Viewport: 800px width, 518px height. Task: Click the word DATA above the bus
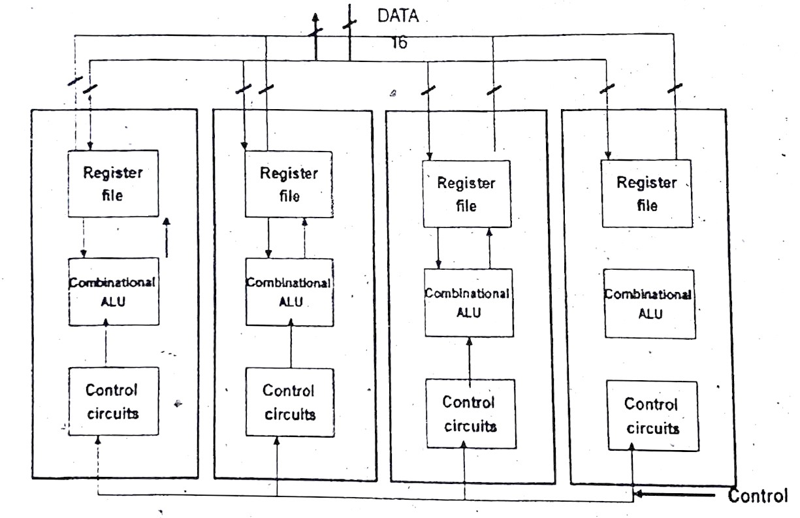398,16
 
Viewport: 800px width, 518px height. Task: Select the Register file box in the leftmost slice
113,184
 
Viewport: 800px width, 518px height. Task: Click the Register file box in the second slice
289,184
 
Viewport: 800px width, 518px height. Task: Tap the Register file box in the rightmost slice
647,193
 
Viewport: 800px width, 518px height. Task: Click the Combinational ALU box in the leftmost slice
113,291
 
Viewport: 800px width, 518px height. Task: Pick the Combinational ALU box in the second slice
289,291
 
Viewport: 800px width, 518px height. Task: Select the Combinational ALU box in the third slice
466,302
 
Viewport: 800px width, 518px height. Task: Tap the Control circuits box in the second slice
289,402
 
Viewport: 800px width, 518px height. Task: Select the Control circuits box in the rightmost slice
652,415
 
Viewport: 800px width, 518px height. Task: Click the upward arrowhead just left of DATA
317,20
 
